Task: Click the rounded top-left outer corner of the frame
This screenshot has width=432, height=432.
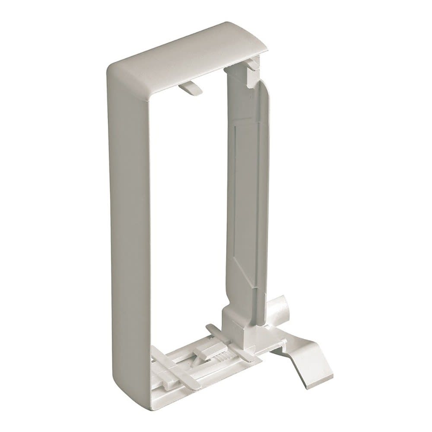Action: [x=113, y=69]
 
